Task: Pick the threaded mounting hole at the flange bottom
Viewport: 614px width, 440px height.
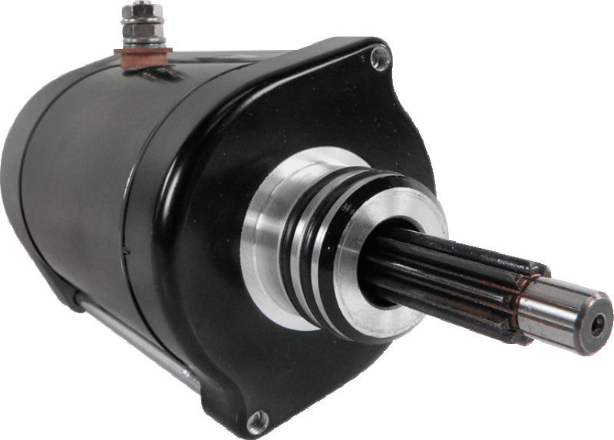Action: [257, 418]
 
